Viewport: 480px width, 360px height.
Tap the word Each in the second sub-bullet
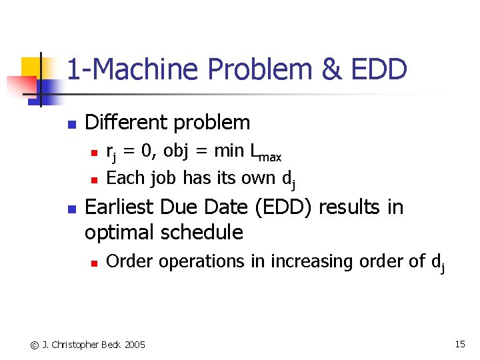125,178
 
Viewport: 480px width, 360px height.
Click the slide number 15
460,344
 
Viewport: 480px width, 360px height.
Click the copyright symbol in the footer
33,345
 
